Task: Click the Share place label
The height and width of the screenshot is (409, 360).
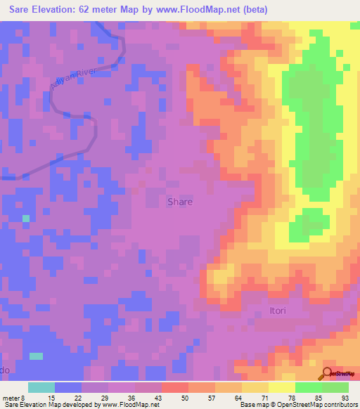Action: coord(180,202)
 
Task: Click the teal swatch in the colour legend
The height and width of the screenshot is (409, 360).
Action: coord(41,387)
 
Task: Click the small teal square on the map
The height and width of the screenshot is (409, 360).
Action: coord(26,219)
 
